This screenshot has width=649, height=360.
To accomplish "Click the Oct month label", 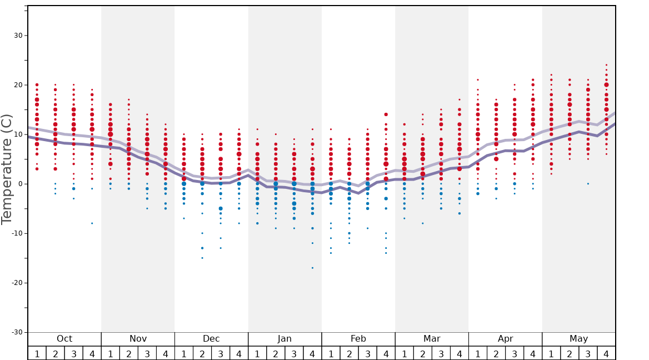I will coord(64,339).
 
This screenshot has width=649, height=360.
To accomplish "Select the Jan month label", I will coord(284,339).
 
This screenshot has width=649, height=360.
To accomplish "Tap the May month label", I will coord(578,339).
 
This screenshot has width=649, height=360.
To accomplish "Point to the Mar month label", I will coord(432,339).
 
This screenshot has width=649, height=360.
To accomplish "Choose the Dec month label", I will coord(211,339).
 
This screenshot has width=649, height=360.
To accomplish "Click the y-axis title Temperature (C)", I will coord(7,169).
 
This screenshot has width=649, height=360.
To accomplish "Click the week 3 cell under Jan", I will coord(294,353).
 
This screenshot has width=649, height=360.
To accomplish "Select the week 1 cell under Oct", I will coord(37,353).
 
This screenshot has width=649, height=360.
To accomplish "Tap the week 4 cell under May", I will coord(606,353).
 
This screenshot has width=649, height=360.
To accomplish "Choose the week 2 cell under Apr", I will coord(496,353).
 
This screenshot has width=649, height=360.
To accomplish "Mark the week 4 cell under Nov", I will coord(166,353).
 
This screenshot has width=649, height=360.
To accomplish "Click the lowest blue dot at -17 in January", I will coord(312,268).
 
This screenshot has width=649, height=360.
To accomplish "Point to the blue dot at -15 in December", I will coord(202,258).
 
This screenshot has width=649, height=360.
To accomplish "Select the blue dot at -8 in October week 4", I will coord(92,223).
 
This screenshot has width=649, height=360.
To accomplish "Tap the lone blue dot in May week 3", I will coord(588,184).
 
